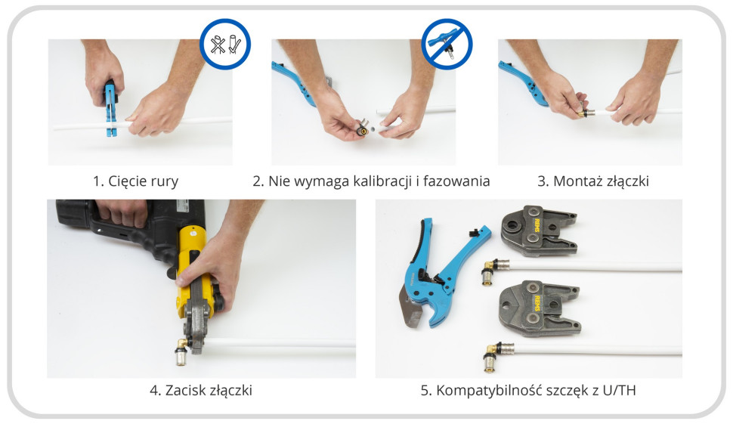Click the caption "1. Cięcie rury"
click(x=135, y=181)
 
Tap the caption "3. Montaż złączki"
click(x=592, y=181)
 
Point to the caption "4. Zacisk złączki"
click(x=200, y=390)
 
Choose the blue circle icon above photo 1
click(x=225, y=44)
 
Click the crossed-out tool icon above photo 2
click(x=447, y=44)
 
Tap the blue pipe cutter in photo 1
click(x=111, y=108)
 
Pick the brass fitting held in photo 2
click(x=362, y=127)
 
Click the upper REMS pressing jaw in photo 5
click(x=537, y=231)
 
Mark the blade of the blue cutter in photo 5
click(x=410, y=308)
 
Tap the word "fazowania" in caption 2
click(x=456, y=181)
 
